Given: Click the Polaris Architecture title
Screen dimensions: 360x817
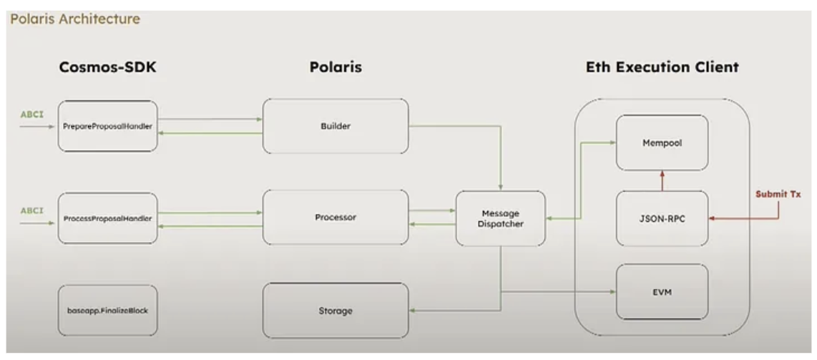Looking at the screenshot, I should pos(74,19).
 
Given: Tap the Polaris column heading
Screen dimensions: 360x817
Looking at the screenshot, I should pos(336,67).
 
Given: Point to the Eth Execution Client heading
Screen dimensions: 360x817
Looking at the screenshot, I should pos(662,67).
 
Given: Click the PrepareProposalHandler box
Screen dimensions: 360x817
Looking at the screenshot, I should pos(107,125).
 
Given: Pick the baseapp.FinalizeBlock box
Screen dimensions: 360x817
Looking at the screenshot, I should pos(107,311).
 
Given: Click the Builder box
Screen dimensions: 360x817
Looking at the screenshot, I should pos(336,125).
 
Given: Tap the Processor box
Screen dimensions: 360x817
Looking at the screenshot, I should pos(336,217).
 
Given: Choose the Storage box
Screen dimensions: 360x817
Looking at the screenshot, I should pos(336,311).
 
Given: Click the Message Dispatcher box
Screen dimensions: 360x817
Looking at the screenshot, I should pos(501,218).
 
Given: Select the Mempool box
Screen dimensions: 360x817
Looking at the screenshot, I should pos(662,142).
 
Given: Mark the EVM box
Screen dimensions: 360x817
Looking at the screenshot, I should pos(662,291).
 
